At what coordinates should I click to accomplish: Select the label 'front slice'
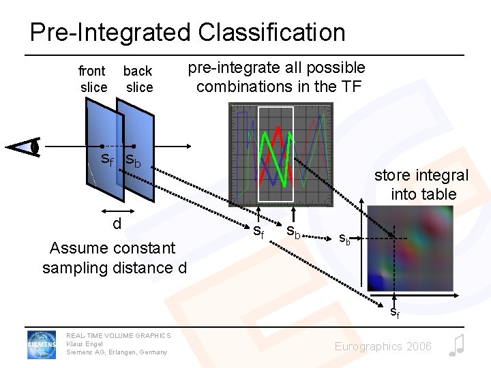pos(93,79)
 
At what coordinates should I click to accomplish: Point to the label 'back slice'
pos(138,79)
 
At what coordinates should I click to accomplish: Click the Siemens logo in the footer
pos(42,344)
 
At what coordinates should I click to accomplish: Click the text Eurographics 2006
pos(383,346)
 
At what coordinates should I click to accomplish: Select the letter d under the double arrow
pos(117,224)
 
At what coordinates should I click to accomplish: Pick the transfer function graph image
pos(281,154)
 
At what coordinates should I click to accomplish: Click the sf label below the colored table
pos(395,313)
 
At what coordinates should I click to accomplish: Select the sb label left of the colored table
pos(346,239)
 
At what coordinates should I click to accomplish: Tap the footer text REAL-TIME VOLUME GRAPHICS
pos(118,335)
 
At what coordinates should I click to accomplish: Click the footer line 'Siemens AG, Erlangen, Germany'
pos(116,352)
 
